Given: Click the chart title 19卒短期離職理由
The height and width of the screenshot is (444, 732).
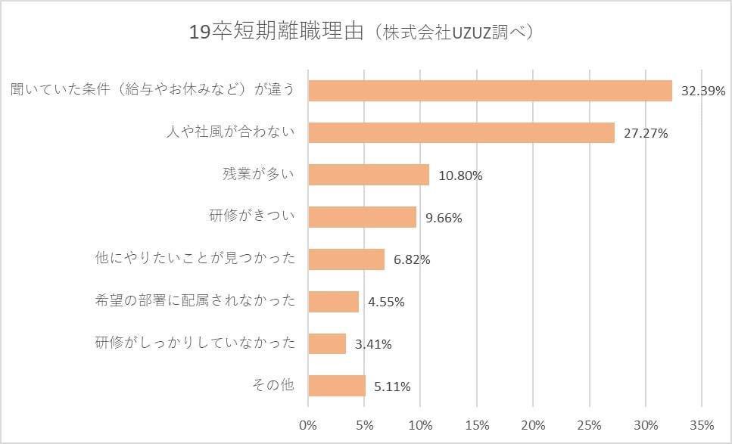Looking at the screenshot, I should [278, 33].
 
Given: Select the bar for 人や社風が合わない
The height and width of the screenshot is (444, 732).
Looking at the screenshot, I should [461, 133].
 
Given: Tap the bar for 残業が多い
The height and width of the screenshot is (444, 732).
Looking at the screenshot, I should [369, 175].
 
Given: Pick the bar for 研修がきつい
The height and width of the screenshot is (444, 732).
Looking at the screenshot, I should [363, 217].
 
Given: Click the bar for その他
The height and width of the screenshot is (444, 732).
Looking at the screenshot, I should [337, 386].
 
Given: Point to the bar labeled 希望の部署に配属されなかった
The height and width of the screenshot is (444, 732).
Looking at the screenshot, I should [334, 301].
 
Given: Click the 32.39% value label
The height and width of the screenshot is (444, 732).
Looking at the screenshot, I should [703, 92].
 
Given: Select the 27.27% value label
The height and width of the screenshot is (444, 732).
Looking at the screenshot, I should [646, 134].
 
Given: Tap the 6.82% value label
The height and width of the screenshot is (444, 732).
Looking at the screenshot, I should [412, 259].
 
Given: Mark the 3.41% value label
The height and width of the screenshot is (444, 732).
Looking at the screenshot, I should [372, 344].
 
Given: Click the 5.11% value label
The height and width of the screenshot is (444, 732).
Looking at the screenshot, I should [392, 387].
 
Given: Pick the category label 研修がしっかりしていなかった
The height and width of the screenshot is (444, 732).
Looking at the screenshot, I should [195, 343].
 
